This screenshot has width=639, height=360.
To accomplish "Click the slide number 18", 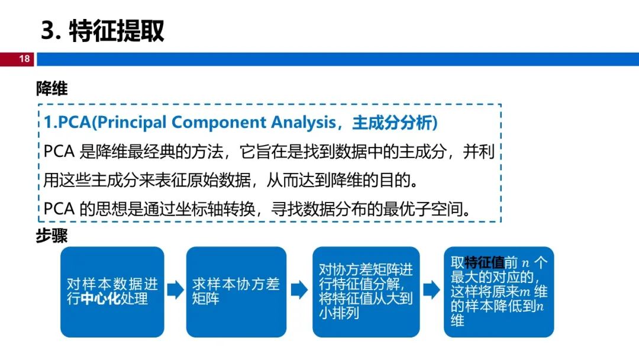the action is [24, 59].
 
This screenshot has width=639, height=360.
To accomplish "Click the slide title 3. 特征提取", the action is [103, 31].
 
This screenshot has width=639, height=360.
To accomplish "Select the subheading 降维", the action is [51, 88].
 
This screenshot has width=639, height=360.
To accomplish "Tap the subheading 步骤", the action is [51, 236].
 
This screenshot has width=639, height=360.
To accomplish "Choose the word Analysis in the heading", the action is [303, 123].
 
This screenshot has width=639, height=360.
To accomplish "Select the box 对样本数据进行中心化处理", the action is [112, 292].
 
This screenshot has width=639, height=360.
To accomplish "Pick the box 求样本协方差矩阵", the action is [236, 292].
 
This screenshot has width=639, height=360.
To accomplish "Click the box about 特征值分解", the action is [366, 292].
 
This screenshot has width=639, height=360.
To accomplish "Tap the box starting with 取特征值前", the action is [499, 292].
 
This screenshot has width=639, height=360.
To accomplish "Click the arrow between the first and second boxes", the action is [176, 290].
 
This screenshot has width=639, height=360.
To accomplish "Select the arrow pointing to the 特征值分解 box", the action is [299, 290].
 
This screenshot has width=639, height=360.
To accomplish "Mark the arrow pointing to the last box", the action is [432, 290].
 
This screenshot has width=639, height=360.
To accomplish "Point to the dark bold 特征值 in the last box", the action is [484, 262].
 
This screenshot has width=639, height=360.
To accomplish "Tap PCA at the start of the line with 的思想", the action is [59, 209].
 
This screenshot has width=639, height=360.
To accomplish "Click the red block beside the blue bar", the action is [17, 59].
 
